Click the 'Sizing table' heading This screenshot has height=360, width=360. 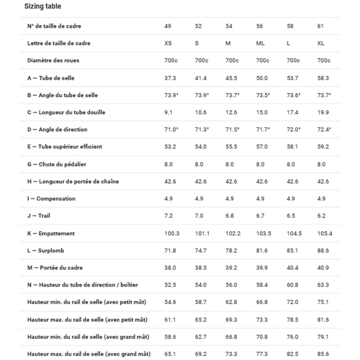click(x=43, y=6)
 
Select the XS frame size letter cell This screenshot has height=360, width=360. click(x=168, y=43)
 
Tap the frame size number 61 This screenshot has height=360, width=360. click(x=320, y=26)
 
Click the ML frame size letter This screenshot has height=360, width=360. click(x=260, y=43)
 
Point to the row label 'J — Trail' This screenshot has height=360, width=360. click(x=39, y=216)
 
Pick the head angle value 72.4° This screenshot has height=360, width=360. click(x=324, y=130)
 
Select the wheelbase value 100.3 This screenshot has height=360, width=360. click(x=172, y=234)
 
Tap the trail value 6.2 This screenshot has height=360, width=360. click(x=322, y=216)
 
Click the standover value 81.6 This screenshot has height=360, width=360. click(x=262, y=251)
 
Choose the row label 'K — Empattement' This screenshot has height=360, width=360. click(x=51, y=234)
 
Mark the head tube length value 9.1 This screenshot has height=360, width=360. click(x=168, y=112)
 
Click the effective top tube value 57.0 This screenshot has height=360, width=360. click(x=262, y=147)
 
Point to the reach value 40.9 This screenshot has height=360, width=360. click(x=323, y=268)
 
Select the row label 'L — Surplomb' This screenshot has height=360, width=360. click(x=45, y=251)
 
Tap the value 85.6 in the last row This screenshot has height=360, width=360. click(x=323, y=354)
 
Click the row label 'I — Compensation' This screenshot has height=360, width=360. click(x=51, y=199)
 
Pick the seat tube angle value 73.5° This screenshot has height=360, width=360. click(x=263, y=95)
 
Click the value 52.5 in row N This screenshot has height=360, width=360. click(x=170, y=285)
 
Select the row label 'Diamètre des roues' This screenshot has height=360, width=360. click(x=53, y=60)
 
